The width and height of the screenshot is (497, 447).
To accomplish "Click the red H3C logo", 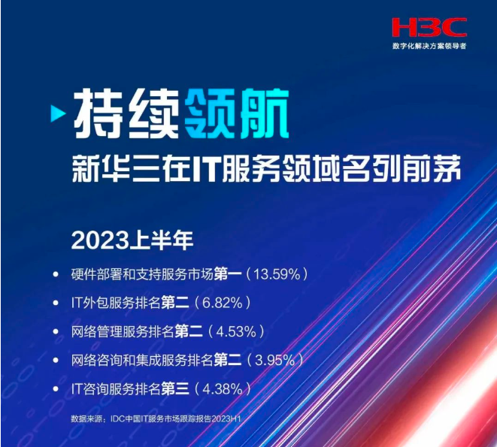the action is point(429,27).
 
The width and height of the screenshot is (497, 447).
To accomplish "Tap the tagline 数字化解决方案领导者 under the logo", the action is point(429,46).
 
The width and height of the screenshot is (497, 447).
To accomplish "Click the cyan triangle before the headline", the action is point(58,113).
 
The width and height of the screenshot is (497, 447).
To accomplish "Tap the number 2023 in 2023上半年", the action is point(100,241).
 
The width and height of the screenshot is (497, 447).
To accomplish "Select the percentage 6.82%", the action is point(223,303).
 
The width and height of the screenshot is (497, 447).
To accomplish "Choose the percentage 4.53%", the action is point(236,331).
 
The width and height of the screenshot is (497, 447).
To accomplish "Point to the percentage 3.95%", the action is point(274,360).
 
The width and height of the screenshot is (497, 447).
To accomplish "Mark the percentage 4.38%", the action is point(223,388).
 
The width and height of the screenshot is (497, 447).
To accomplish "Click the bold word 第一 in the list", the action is point(228,274).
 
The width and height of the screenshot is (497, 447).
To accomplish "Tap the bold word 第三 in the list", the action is point(175,388).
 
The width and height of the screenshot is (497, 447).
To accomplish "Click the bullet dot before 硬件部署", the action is point(56,274).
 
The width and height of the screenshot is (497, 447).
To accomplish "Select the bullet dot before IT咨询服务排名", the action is point(56,389).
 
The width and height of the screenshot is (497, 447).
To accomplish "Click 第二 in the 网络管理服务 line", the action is point(189,331).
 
